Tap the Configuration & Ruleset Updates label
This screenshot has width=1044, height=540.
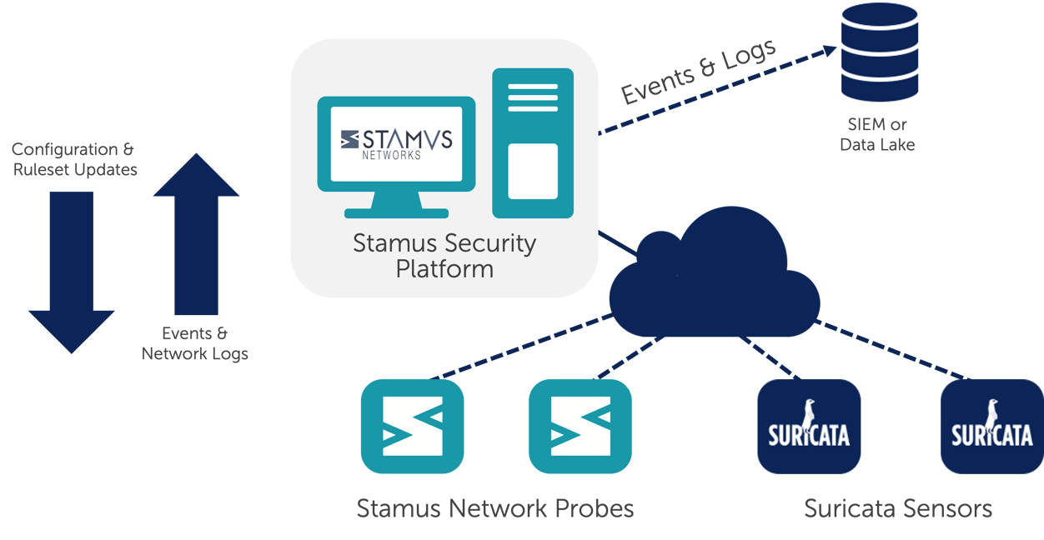tap(74, 159)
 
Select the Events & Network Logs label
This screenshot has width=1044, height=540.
tap(195, 343)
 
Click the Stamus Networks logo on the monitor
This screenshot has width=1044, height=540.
tap(397, 142)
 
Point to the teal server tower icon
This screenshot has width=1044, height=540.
tap(533, 143)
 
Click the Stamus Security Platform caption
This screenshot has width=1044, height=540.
tap(444, 256)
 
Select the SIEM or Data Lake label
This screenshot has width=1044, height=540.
tap(877, 135)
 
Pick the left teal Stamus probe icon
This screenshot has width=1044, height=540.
tap(412, 427)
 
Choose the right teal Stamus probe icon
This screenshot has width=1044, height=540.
tap(580, 427)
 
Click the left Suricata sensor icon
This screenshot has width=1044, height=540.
tap(809, 426)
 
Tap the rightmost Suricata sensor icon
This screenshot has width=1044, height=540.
tap(991, 426)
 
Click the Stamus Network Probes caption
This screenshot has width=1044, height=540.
tap(495, 507)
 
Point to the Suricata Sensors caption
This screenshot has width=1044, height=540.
tap(898, 507)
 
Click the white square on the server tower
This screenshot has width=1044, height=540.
tap(533, 171)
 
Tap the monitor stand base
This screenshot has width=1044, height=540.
tap(397, 212)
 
